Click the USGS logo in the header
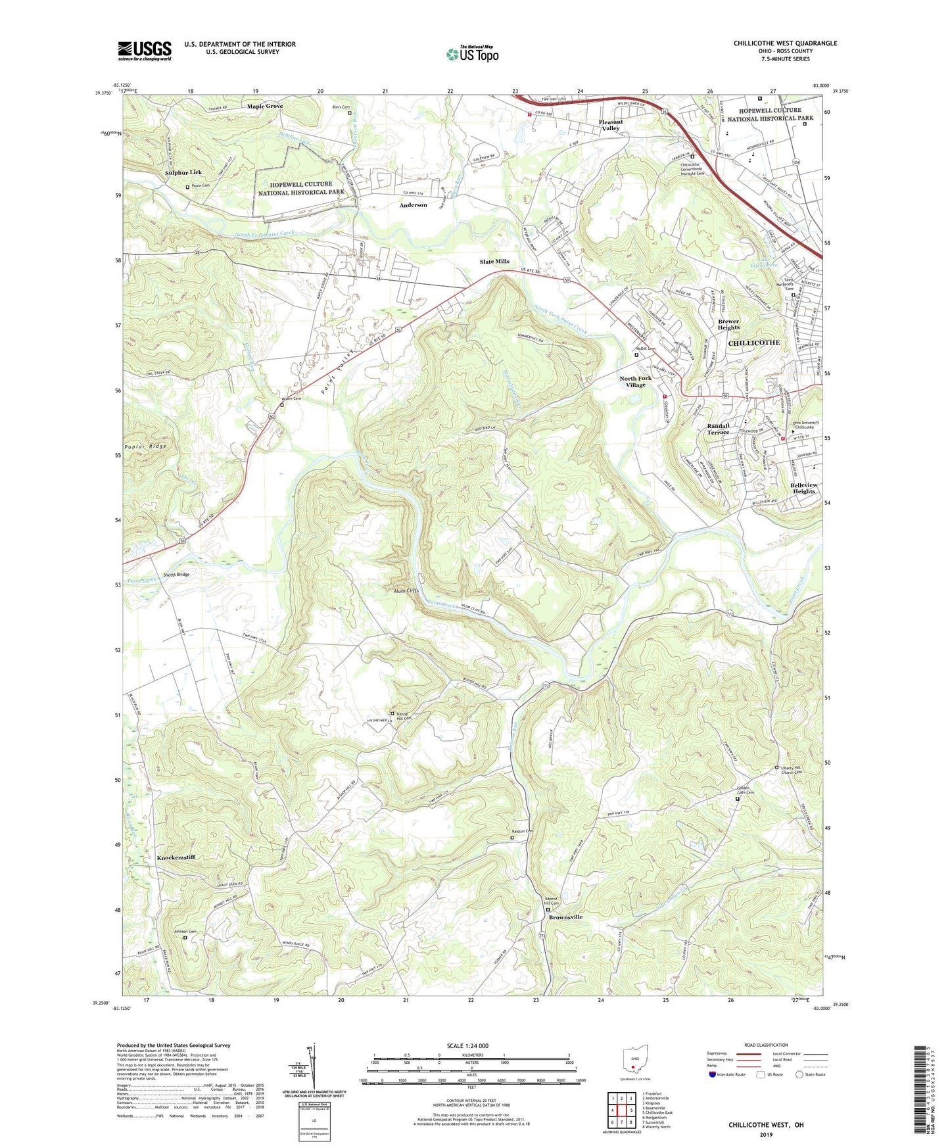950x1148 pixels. point(145,51)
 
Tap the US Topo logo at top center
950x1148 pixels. point(472,54)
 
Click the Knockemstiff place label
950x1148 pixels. point(176,857)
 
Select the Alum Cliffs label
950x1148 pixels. point(402,591)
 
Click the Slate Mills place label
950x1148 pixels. point(494,262)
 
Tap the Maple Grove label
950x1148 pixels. point(265,106)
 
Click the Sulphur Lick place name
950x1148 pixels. point(183,172)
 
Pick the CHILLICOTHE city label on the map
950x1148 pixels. point(754,343)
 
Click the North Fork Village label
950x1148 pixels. point(636,381)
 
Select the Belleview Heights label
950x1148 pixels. point(803,488)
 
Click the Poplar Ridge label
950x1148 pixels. point(145,446)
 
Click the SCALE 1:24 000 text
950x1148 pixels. point(471,1046)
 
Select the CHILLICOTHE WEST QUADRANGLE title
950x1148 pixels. point(785,43)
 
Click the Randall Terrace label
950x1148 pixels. point(718,429)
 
